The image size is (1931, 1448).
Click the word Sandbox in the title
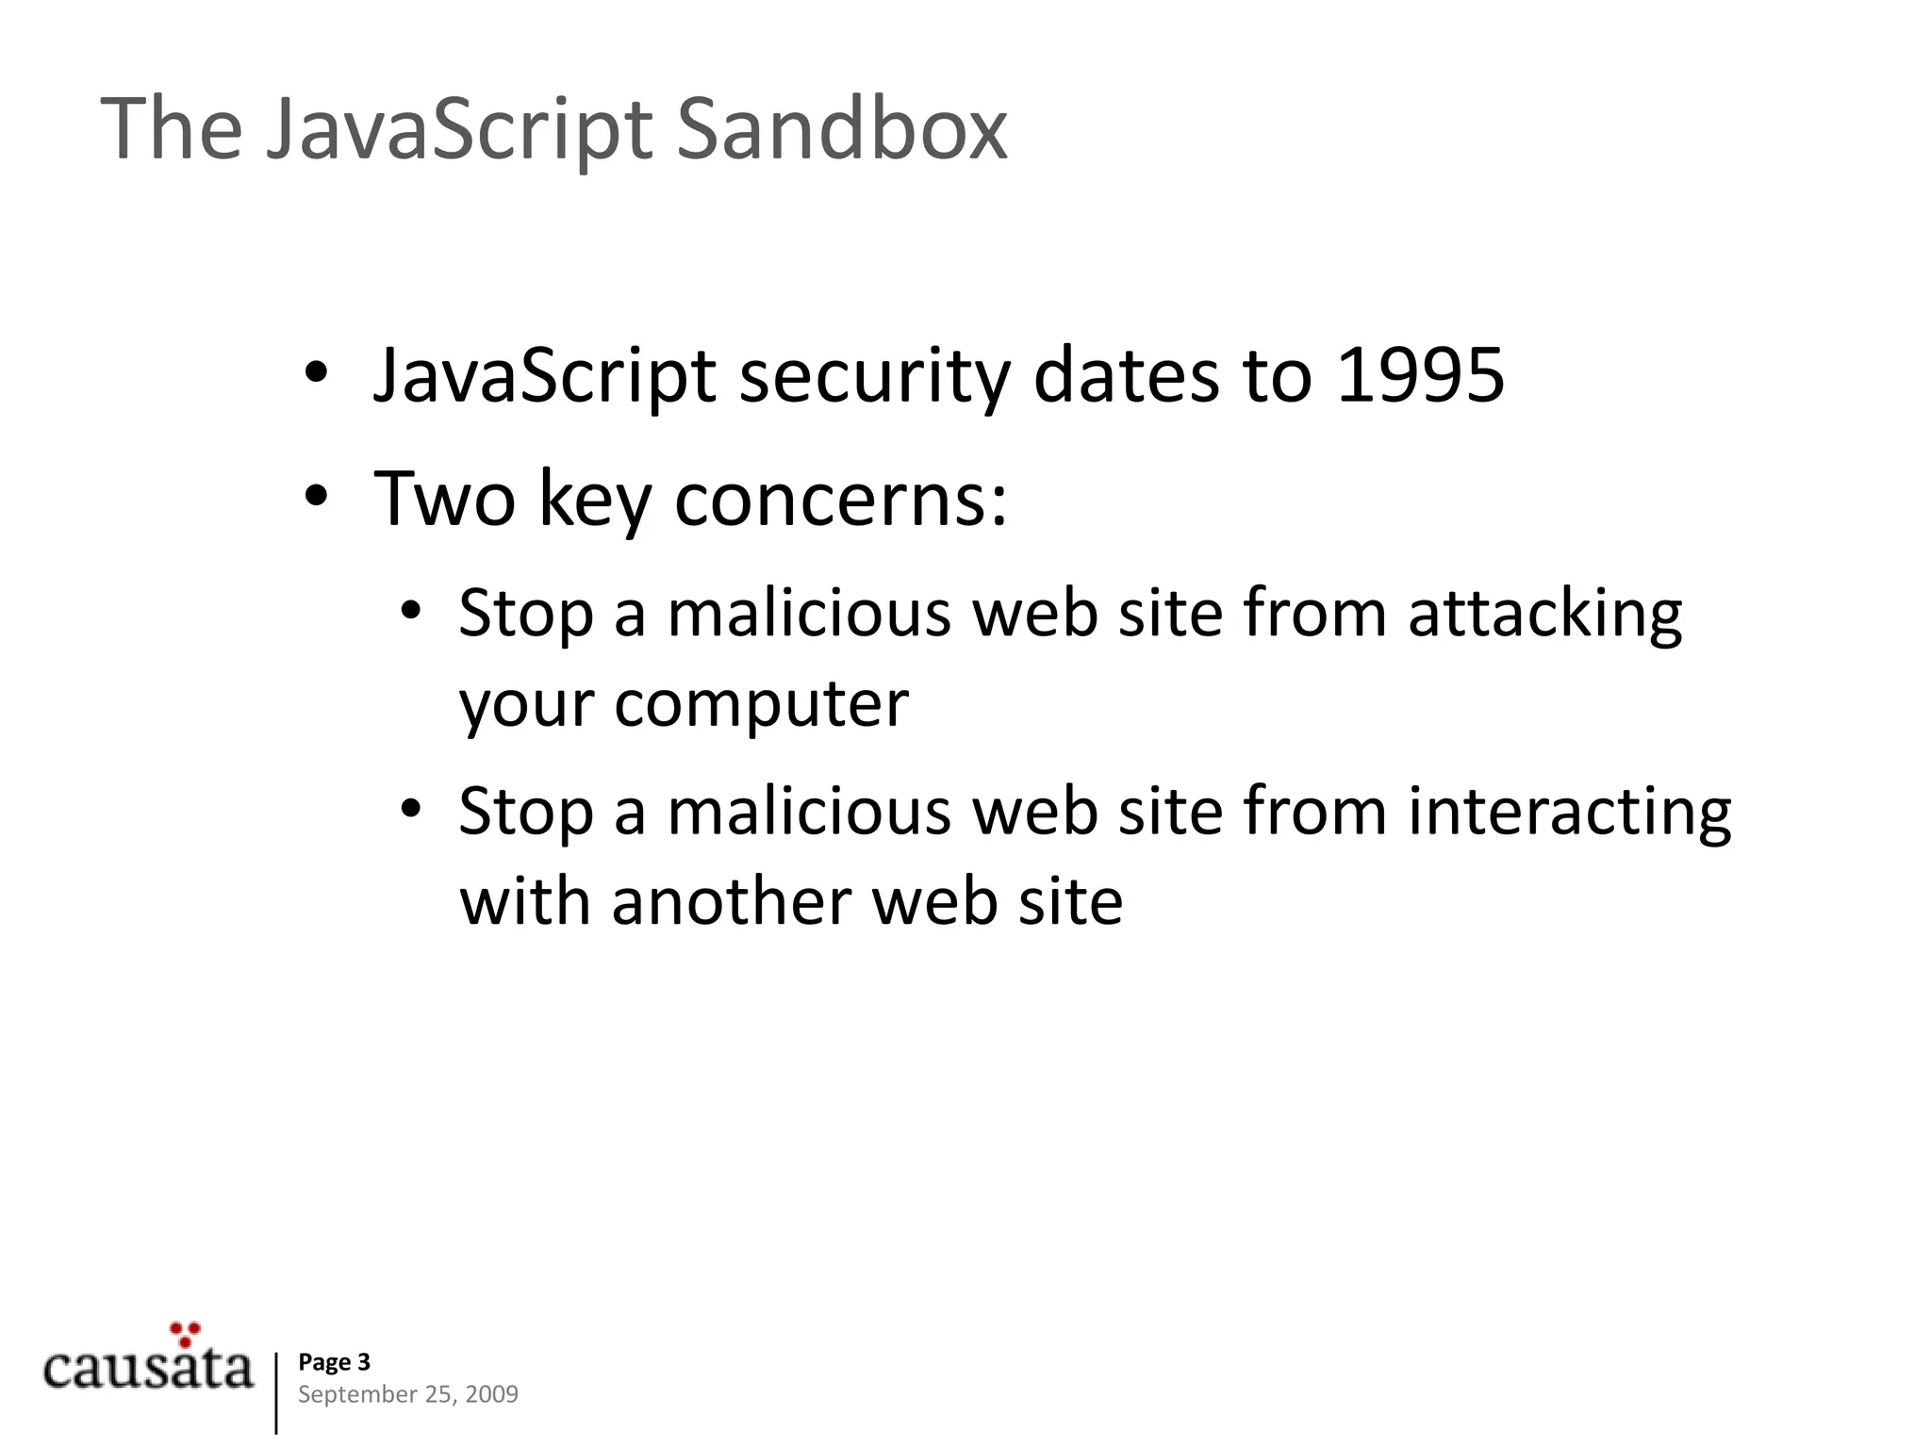click(842, 129)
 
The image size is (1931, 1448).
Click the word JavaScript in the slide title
click(458, 129)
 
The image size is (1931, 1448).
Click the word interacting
click(1569, 811)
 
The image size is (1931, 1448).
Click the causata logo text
click(148, 1370)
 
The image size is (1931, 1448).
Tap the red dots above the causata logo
click(186, 1333)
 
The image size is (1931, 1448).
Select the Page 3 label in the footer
click(334, 1362)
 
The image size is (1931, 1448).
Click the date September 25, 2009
click(407, 1394)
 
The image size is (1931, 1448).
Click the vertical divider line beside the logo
click(276, 1393)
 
